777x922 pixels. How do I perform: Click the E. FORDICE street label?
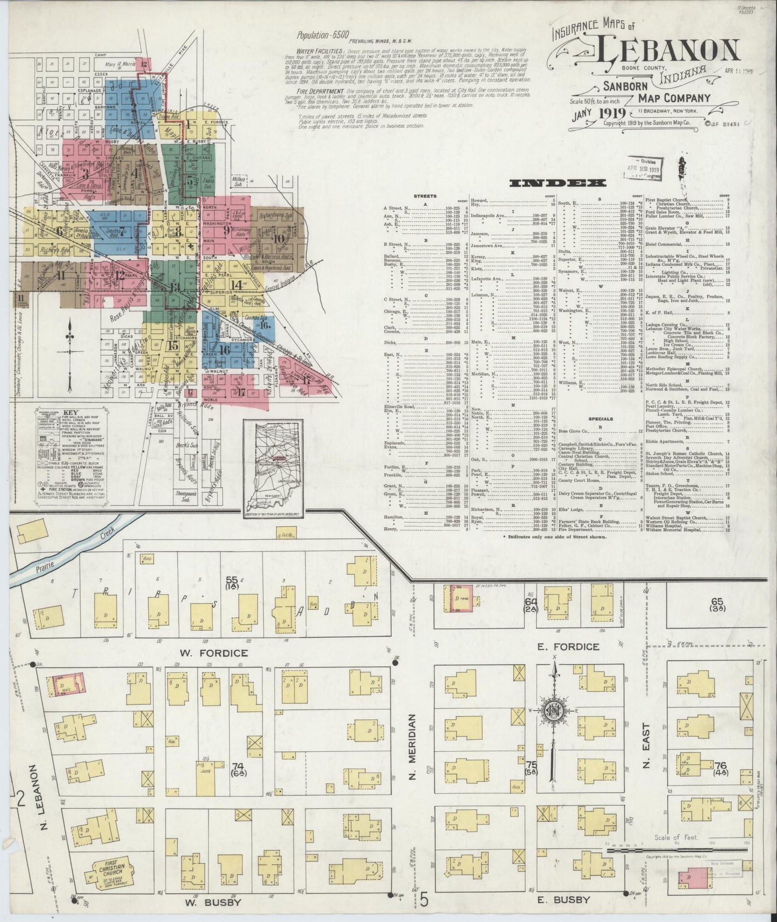[568, 646]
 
